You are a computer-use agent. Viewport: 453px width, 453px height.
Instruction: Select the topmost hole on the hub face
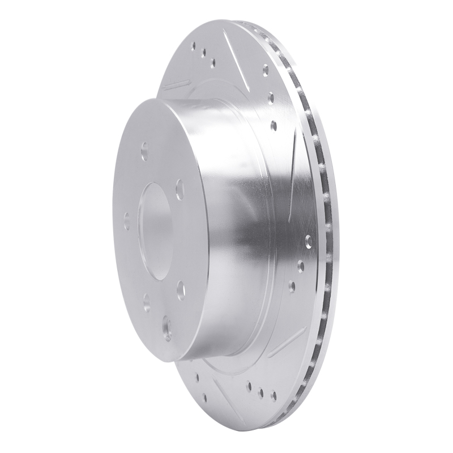[145, 151]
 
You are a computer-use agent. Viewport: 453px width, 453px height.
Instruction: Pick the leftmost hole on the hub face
[126, 218]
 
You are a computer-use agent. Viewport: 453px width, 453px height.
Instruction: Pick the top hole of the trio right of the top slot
[266, 70]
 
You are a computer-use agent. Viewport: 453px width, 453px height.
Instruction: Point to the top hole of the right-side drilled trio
[308, 241]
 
